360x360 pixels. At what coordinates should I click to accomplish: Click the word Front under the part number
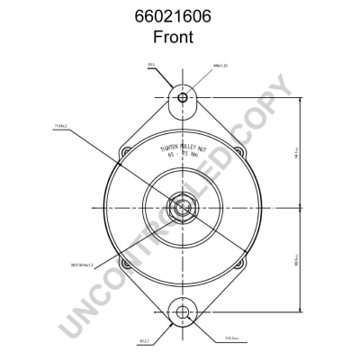pos(180,39)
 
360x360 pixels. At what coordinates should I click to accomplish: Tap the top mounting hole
pos(183,96)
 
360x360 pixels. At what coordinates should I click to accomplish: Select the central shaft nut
pos(183,208)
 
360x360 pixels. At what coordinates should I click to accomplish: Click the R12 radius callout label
pos(150,65)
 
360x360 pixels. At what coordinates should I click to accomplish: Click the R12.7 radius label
pos(143,341)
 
